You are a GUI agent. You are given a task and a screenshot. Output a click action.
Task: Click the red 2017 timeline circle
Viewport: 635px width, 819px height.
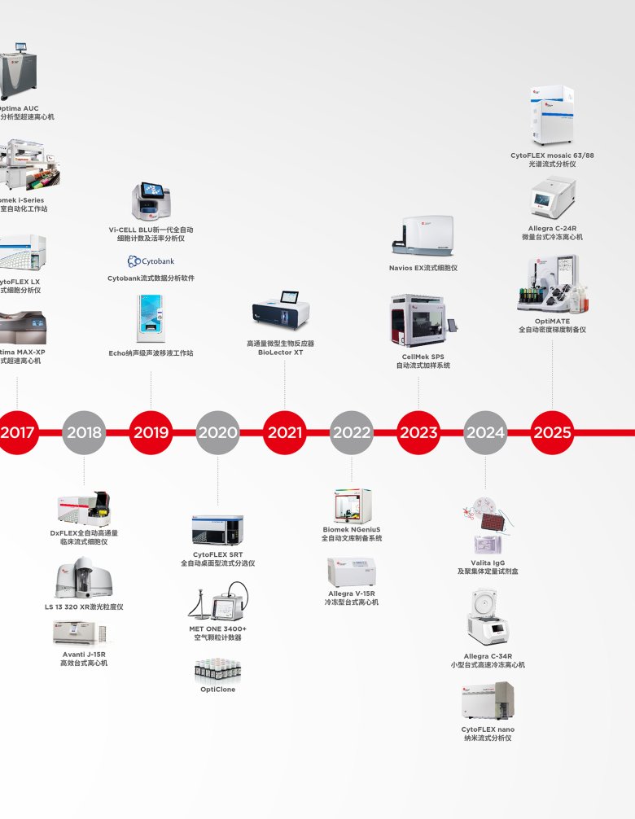(x=17, y=432)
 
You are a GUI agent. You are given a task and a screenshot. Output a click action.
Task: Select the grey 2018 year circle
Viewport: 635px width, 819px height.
(x=84, y=432)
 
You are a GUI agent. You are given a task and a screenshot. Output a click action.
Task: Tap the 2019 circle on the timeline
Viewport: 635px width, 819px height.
(x=151, y=432)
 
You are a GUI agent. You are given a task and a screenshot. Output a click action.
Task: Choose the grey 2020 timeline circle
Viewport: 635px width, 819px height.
(x=217, y=432)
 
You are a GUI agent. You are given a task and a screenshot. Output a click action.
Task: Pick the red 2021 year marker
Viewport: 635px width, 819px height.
(x=284, y=432)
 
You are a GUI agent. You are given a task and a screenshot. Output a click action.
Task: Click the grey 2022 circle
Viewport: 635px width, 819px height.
(x=351, y=432)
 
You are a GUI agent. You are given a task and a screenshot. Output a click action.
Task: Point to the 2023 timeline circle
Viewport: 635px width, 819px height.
(x=418, y=432)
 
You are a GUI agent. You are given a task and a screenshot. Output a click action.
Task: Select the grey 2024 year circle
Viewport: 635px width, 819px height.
(x=485, y=432)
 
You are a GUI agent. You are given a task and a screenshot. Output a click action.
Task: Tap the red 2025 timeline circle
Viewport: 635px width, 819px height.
(x=552, y=432)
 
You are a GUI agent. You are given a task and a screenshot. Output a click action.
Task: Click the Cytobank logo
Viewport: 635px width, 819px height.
(x=151, y=261)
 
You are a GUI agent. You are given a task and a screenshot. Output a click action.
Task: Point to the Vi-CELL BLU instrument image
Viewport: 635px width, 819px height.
(x=151, y=202)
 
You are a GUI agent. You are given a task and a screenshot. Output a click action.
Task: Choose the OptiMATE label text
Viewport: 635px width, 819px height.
(x=552, y=321)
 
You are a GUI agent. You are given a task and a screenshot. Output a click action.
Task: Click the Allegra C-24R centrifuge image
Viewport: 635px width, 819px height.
(x=553, y=196)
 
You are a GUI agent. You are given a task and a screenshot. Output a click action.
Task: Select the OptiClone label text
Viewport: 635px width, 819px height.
(x=217, y=690)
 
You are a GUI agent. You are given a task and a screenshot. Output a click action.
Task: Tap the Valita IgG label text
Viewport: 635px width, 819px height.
(x=488, y=563)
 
